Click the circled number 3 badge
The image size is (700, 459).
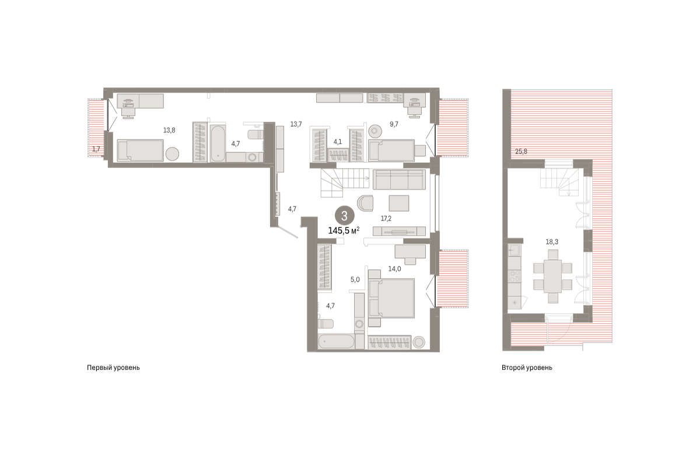(344, 216)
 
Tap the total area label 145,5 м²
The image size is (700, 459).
(344, 231)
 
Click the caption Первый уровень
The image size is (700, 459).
(113, 368)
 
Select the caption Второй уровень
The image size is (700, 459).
(527, 368)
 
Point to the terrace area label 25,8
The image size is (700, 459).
(521, 152)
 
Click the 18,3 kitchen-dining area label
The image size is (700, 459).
(552, 242)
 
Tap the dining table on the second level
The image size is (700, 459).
(552, 276)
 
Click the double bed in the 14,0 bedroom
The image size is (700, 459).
(391, 299)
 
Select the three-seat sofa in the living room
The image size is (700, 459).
(399, 180)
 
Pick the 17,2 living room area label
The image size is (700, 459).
(386, 219)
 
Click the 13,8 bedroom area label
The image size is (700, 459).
(169, 130)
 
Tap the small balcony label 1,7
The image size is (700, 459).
(96, 149)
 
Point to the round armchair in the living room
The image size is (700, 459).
(365, 203)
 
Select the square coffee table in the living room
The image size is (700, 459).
(399, 203)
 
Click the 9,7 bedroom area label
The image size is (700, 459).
(394, 124)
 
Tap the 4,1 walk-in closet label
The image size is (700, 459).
(338, 142)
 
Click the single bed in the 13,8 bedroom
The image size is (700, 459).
(141, 150)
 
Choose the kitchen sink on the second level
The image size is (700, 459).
(514, 250)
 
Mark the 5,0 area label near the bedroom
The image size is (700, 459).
(355, 279)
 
